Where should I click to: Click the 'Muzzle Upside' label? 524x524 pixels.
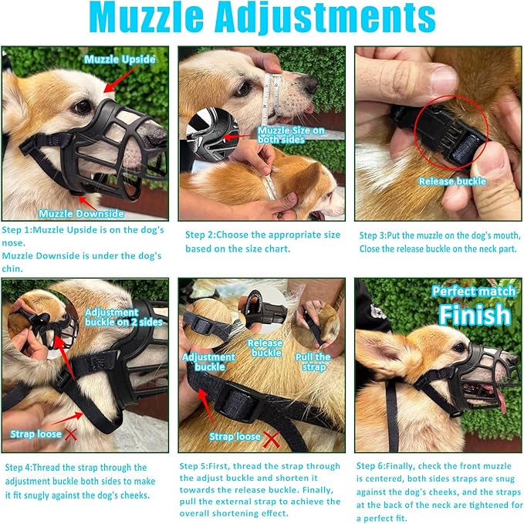(x=120, y=59)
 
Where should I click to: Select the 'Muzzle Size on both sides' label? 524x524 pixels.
(x=292, y=135)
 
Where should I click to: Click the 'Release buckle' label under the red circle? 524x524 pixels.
(x=452, y=181)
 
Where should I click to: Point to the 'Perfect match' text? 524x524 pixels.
(x=471, y=292)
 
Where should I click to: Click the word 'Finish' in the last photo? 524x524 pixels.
(x=475, y=315)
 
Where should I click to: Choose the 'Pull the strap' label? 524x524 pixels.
(x=313, y=362)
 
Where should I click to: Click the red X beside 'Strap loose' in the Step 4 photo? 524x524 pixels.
(x=71, y=434)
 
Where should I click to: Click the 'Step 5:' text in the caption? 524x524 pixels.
(x=197, y=466)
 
